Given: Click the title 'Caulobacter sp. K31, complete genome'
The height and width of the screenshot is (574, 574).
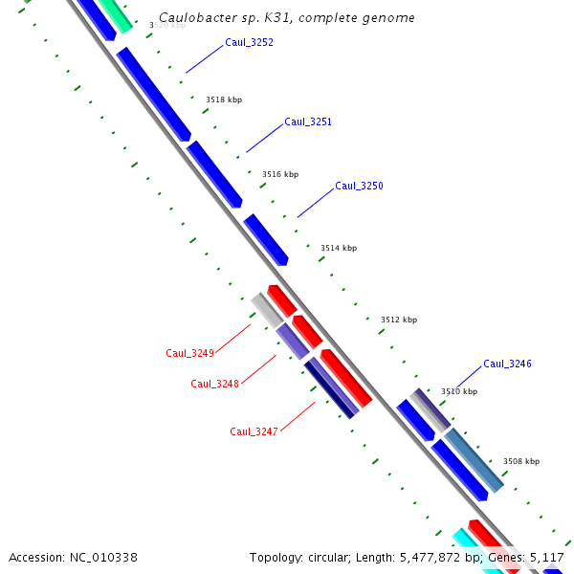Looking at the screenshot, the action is (x=287, y=18).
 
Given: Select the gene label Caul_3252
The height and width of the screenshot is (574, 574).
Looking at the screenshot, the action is (x=249, y=42).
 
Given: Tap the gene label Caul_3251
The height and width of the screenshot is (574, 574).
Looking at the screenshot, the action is (x=308, y=121).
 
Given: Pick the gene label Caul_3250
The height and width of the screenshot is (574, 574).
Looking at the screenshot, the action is (x=359, y=186).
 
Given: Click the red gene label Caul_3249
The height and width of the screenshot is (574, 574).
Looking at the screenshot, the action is (x=189, y=353).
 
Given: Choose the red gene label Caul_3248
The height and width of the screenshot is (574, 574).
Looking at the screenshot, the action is (x=214, y=384).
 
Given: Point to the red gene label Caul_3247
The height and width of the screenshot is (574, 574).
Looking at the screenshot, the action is (x=254, y=431).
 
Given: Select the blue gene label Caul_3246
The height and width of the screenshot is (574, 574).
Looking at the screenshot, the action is (x=507, y=364).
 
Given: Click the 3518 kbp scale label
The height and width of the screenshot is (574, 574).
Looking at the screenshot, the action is (x=224, y=99).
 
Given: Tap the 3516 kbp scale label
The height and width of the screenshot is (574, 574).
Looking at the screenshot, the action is (x=280, y=174).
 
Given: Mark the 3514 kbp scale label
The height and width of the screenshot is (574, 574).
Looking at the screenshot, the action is (x=339, y=248).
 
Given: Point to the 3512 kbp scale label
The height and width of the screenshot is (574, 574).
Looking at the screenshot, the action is (x=399, y=320).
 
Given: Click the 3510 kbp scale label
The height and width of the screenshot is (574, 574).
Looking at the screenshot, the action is (x=459, y=391).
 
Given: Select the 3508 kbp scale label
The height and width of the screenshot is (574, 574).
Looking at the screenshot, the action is (x=521, y=461).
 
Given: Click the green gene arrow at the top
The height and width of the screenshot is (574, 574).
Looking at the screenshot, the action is (x=116, y=12).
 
